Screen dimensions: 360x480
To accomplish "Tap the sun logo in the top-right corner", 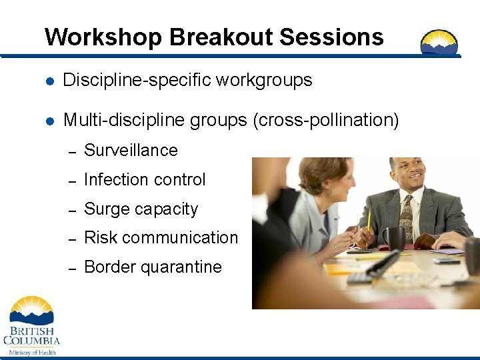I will click(x=439, y=43).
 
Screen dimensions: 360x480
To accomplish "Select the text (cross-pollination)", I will click(x=325, y=120).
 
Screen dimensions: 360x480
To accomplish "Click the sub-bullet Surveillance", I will click(x=131, y=151).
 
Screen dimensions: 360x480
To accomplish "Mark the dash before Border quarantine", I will click(x=74, y=268).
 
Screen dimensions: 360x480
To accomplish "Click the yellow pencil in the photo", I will click(x=368, y=223).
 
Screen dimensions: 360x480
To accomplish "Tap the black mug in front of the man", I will click(x=395, y=238).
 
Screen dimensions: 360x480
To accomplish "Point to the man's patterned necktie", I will click(x=405, y=217).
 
